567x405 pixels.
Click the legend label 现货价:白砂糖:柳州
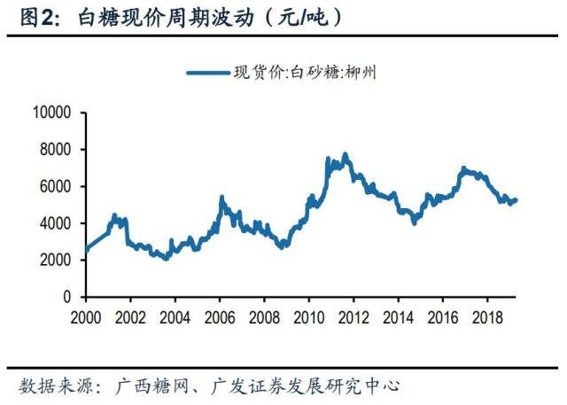point(306,73)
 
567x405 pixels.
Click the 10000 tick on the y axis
point(52,113)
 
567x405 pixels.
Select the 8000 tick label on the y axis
point(56,150)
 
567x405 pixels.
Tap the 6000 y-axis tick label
point(56,186)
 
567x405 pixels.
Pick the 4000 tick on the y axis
point(56,223)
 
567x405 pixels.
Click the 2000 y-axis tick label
point(56,260)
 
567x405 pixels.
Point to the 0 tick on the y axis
point(68,297)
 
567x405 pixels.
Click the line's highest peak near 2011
point(346,154)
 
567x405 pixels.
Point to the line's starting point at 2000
point(85,251)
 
